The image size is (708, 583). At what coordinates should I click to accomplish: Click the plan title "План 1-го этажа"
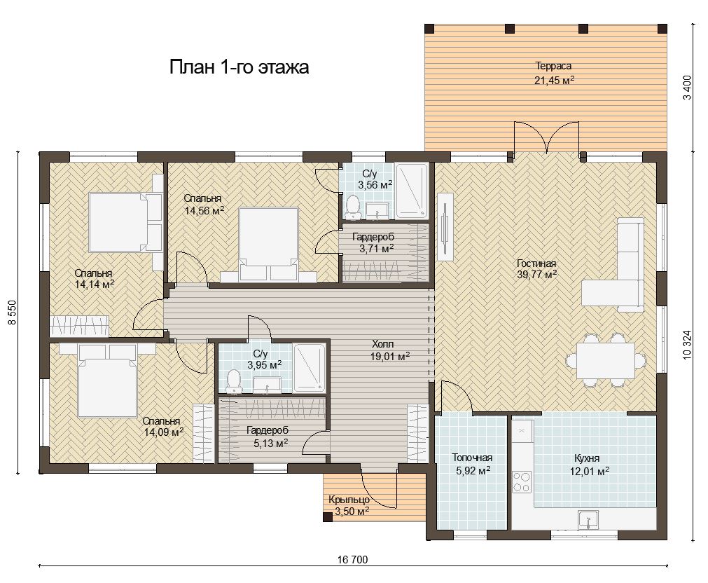239,67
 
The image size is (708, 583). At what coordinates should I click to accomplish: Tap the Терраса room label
553,66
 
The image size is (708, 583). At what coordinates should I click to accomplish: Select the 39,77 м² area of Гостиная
536,274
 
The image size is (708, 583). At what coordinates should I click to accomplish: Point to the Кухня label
587,458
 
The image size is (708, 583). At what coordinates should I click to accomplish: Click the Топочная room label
472,458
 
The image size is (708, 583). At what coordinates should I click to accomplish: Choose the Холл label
383,344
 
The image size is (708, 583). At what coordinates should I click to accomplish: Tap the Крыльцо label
349,500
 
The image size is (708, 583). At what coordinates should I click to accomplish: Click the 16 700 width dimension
353,560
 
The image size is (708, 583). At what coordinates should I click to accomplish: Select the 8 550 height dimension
12,313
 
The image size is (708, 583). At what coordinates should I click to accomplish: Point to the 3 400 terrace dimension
688,88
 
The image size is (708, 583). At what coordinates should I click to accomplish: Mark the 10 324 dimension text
688,344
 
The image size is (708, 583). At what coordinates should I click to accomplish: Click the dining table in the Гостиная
606,360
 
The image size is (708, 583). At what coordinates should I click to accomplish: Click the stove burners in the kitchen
522,482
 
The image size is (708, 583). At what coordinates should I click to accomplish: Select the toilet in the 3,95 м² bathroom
233,380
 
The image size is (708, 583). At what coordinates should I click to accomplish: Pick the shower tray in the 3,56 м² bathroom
412,191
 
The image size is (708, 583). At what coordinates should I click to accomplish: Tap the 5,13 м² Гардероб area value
270,444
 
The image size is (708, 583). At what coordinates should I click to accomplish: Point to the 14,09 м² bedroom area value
163,432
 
